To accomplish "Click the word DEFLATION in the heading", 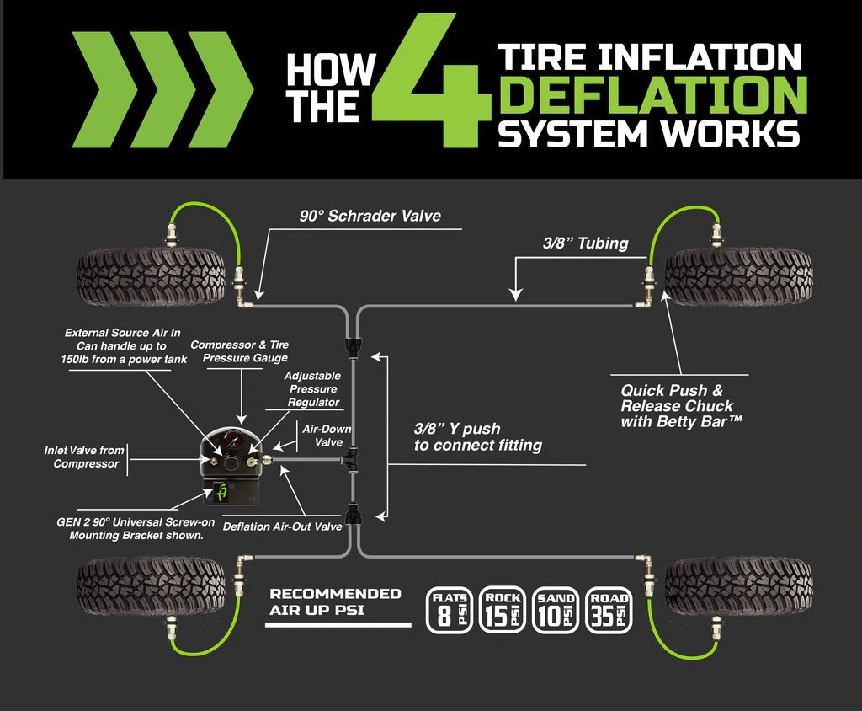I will [x=652, y=96].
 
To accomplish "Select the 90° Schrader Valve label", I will [x=370, y=216].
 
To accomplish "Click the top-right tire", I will [x=738, y=275].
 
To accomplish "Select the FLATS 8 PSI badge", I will [x=450, y=610].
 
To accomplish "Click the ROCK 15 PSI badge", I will [x=503, y=610].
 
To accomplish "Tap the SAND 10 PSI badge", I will [x=556, y=610].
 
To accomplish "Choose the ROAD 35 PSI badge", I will [x=609, y=610].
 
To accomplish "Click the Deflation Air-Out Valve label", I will [x=282, y=527].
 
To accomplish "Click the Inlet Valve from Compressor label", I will [x=84, y=457].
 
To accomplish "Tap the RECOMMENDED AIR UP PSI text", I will [x=335, y=601].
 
